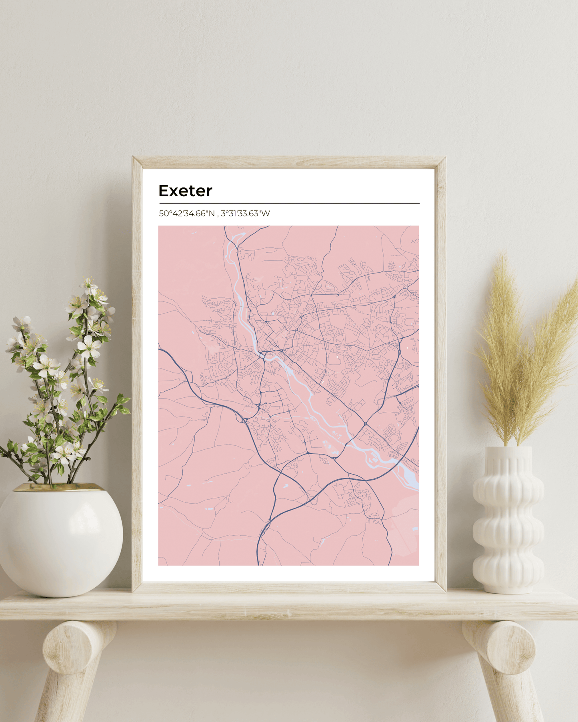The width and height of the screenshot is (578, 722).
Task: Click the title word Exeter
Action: point(185,191)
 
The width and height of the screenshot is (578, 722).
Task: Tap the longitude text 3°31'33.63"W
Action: point(245,213)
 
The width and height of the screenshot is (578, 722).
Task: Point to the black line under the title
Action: point(289,203)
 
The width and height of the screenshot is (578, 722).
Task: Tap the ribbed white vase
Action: point(508,520)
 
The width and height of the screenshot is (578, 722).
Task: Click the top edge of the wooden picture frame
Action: point(289,162)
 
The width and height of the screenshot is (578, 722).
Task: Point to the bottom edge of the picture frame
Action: point(289,587)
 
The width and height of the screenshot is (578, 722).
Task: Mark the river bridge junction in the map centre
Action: point(262,355)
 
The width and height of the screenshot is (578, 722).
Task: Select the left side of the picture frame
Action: point(137,376)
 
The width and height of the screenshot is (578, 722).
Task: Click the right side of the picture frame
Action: point(440,376)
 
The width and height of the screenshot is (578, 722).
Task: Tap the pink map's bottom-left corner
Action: point(159,564)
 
